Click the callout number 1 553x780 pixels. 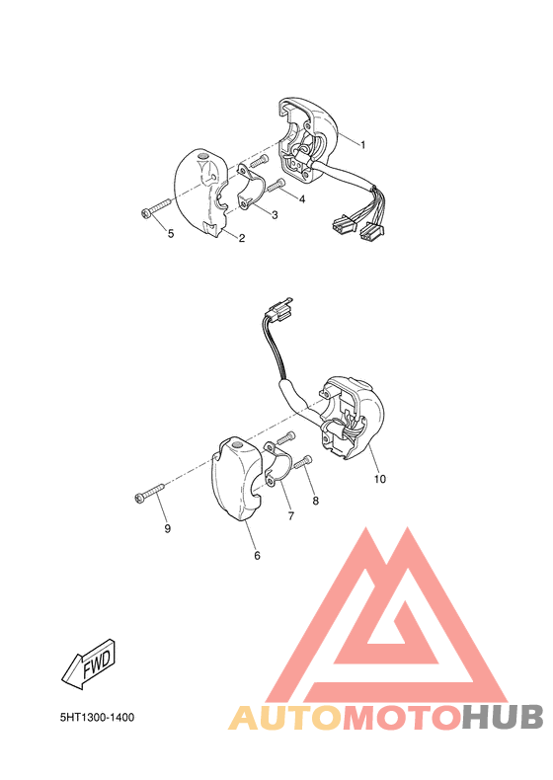click(x=362, y=145)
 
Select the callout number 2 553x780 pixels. click(x=241, y=238)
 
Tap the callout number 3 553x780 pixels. click(x=274, y=214)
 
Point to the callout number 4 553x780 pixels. click(x=301, y=199)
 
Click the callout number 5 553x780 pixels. click(x=171, y=233)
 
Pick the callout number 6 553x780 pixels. click(x=257, y=555)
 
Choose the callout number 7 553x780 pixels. click(x=290, y=515)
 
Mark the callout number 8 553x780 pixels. click(x=315, y=501)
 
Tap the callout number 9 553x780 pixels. click(x=167, y=528)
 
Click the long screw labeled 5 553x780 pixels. click(x=157, y=208)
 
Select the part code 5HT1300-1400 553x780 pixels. click(x=96, y=717)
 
